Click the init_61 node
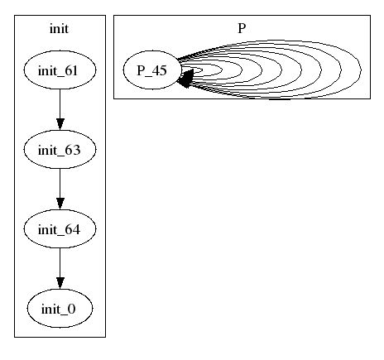(60, 70)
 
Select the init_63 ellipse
(60, 149)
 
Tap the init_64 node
(60, 228)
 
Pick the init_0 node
(60, 308)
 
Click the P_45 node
(152, 70)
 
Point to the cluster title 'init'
(59, 28)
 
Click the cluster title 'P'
(242, 28)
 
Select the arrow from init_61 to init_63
(60, 109)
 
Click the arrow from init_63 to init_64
(60, 189)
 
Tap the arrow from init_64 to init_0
(60, 268)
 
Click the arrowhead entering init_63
(60, 124)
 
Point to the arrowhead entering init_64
(60, 204)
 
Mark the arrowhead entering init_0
(60, 283)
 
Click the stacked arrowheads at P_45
(186, 79)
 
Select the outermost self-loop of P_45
(361, 70)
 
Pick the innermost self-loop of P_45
(202, 70)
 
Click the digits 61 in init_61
(71, 71)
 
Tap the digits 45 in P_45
(159, 70)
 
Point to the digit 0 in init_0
(71, 310)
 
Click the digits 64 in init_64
(73, 229)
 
